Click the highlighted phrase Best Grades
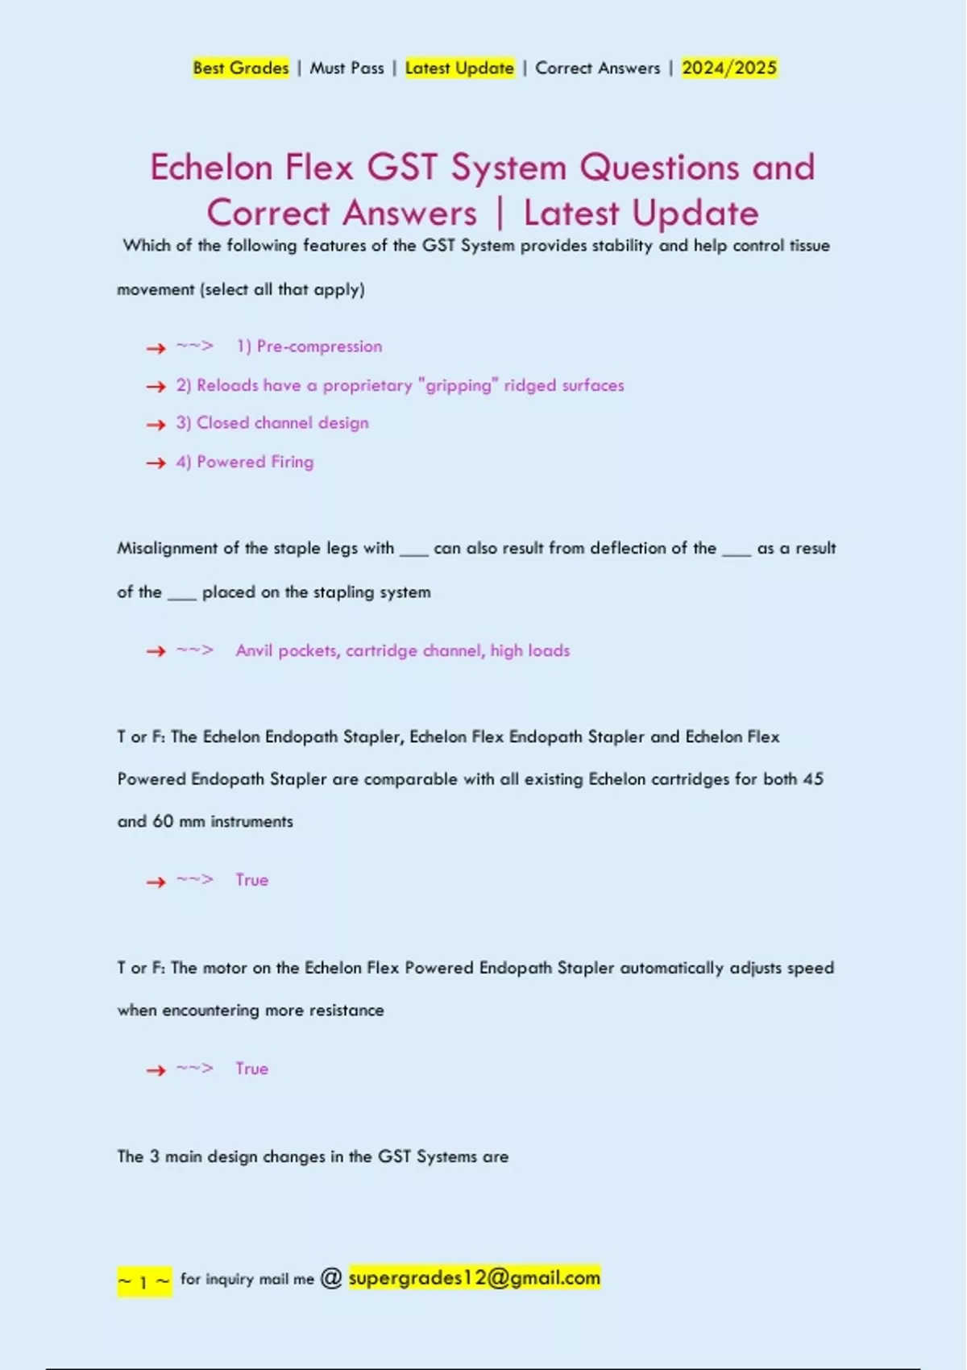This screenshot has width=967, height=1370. [x=240, y=68]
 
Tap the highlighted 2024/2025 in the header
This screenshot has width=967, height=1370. [x=728, y=68]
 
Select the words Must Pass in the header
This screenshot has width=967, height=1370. [x=347, y=68]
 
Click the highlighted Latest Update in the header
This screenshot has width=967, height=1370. [x=459, y=68]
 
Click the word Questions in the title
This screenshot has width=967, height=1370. [x=658, y=168]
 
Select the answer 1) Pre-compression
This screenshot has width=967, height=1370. [x=309, y=347]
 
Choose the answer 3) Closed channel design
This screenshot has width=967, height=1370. [x=272, y=423]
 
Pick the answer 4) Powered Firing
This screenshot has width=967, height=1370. [x=245, y=462]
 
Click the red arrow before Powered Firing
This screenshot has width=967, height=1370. [x=156, y=463]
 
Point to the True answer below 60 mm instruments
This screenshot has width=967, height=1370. [x=251, y=880]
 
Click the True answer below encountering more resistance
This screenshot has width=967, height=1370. [x=251, y=1069]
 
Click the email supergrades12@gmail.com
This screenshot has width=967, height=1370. [x=474, y=1278]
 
